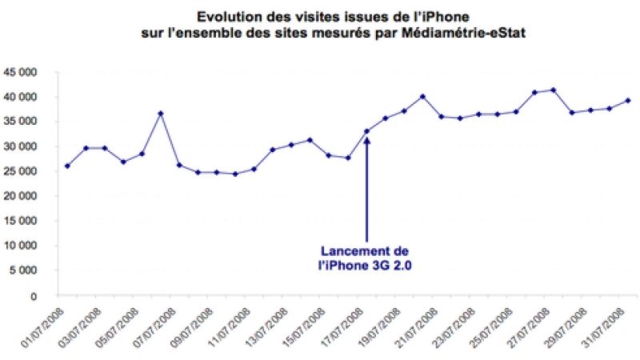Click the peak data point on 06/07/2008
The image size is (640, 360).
coord(161,114)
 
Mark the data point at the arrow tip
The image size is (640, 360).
coord(367,131)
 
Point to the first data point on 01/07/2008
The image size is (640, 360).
coord(67,166)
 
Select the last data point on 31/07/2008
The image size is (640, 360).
coord(628,100)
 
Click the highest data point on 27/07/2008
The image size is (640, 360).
coord(554,90)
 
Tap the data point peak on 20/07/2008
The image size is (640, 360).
coord(422,96)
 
